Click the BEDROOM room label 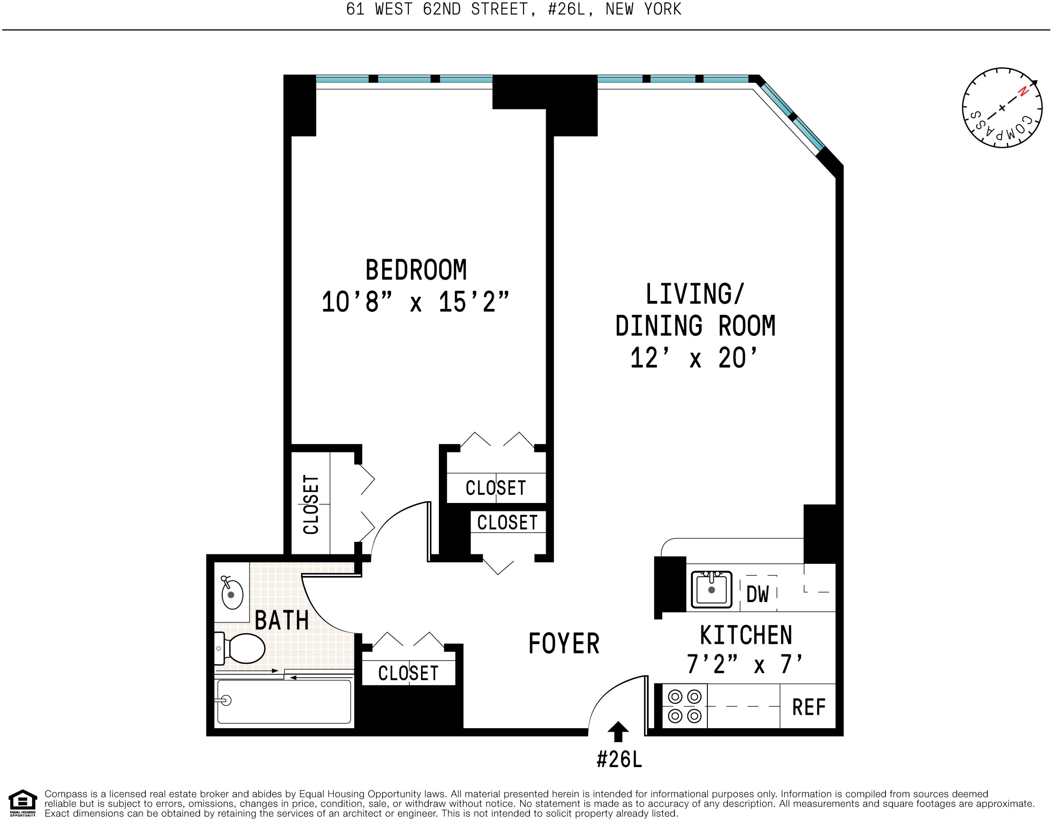[x=416, y=270]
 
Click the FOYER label [x=564, y=644]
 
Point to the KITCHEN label [x=746, y=636]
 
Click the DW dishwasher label [x=758, y=594]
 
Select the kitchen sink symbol [x=711, y=589]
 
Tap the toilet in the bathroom [x=241, y=648]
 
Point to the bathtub [x=284, y=701]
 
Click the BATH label [x=282, y=620]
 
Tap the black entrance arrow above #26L [x=618, y=731]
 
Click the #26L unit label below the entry [x=619, y=760]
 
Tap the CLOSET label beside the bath [x=408, y=673]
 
